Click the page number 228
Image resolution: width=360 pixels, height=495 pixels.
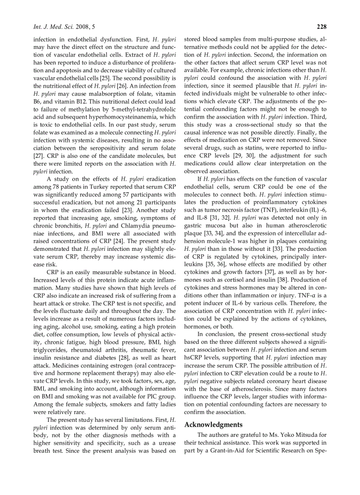(x=321, y=27)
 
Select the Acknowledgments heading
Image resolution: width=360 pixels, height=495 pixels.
(x=213, y=424)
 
